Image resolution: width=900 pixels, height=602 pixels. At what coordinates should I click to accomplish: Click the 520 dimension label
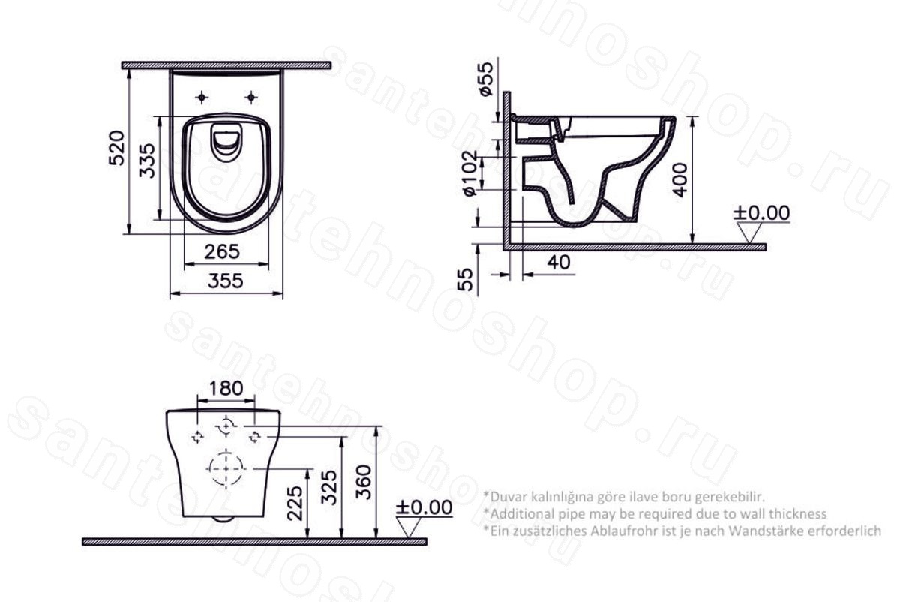tap(117, 148)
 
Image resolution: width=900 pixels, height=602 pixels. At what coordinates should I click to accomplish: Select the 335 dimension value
tap(147, 161)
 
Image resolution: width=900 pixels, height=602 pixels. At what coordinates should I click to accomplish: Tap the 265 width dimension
tap(222, 251)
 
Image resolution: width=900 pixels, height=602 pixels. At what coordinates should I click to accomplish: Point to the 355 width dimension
tap(226, 281)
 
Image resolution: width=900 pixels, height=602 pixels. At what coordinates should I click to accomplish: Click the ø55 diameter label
tap(486, 79)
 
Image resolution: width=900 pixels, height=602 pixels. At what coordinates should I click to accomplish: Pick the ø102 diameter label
tap(469, 173)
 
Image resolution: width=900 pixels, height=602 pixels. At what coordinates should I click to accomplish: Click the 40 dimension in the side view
tap(559, 263)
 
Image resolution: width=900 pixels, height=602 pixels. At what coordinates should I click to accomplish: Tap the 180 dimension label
tap(226, 389)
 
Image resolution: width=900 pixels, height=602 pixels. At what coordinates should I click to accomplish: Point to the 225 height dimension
tap(296, 503)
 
